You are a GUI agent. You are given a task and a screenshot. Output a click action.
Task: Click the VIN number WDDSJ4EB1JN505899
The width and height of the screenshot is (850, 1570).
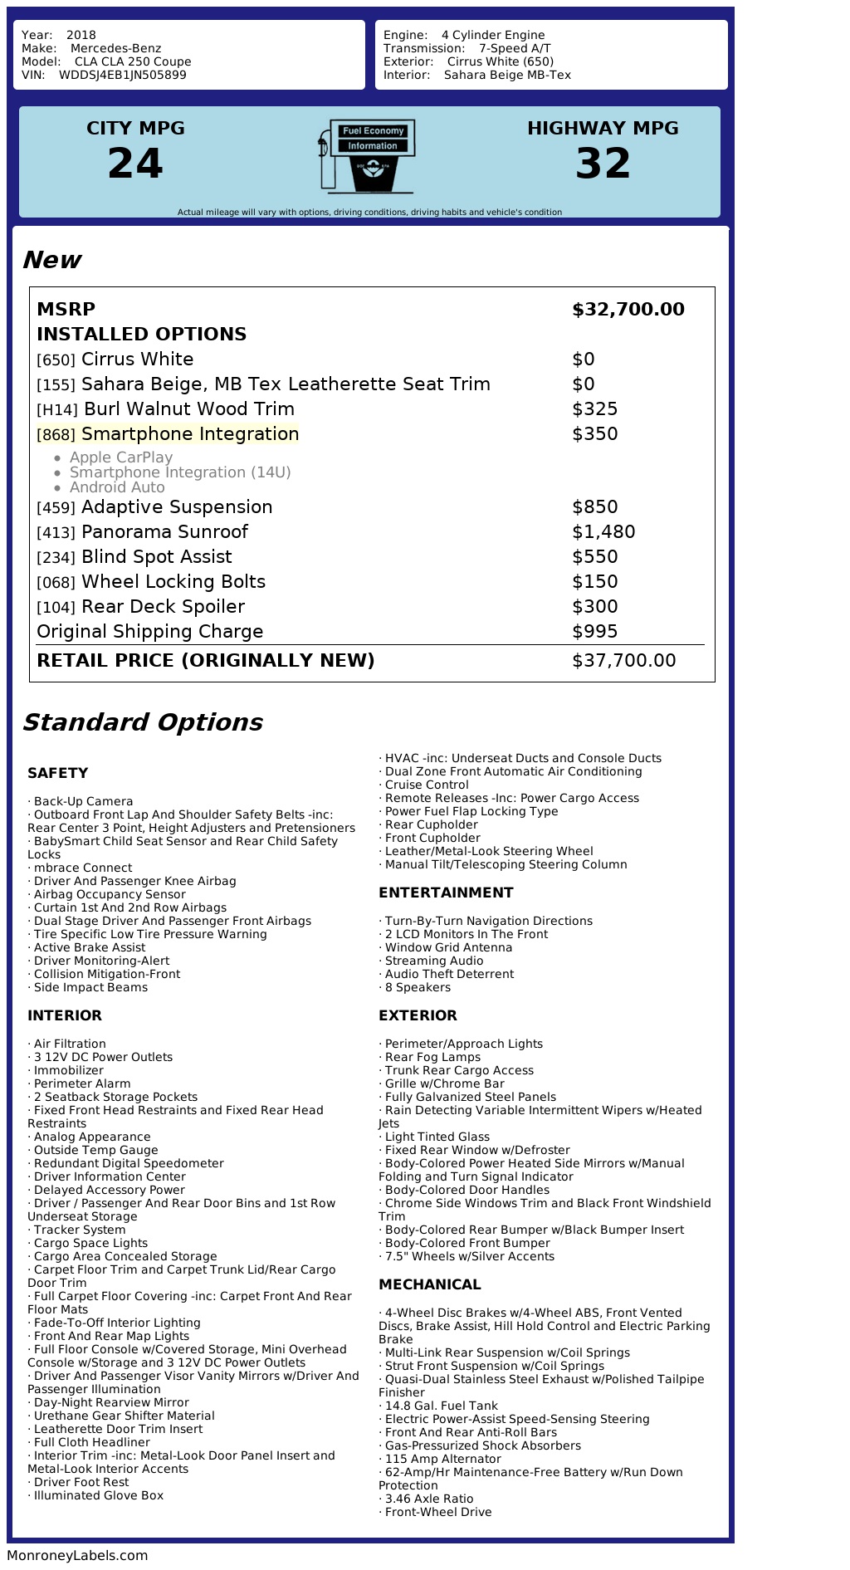point(122,75)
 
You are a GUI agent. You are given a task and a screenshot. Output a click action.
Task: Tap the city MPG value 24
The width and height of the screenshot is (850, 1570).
point(135,164)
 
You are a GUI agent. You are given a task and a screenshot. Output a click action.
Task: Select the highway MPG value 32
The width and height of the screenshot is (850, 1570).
point(603,164)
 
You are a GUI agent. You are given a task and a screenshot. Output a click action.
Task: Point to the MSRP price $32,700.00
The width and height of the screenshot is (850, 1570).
point(628,310)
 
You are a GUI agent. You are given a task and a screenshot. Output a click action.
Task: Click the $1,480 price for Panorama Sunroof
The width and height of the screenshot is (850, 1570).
point(603,532)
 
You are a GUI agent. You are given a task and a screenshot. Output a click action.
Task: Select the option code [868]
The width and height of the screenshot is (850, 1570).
point(56,435)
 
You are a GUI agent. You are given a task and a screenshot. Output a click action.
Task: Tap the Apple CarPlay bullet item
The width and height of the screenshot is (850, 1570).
point(121,457)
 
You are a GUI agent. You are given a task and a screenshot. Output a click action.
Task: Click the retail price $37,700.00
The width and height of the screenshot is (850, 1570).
point(623,661)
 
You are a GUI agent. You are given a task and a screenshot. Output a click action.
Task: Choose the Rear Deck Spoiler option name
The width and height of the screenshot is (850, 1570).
point(163,607)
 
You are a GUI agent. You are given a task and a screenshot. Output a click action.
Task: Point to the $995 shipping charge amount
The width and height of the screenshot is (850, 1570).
point(594,632)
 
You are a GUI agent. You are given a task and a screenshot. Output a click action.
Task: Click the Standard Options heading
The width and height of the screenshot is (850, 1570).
point(142,722)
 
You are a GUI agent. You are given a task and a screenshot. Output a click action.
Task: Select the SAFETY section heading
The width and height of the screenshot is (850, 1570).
point(57,773)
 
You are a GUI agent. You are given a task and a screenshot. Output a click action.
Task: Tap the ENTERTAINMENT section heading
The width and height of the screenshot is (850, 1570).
point(446,893)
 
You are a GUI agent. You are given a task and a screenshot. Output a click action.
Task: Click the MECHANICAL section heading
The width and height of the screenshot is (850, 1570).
point(429,1284)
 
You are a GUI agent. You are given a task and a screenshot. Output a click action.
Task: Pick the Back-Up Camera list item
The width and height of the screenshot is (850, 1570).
point(83,801)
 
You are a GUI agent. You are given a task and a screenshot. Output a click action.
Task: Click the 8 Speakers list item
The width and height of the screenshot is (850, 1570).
point(418,987)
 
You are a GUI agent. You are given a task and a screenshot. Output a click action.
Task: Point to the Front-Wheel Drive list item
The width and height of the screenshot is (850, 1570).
point(438,1512)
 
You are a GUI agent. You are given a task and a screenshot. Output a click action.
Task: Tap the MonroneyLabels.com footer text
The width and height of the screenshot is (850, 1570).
point(77,1555)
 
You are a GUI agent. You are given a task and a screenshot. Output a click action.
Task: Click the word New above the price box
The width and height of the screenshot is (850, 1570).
point(51,260)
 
